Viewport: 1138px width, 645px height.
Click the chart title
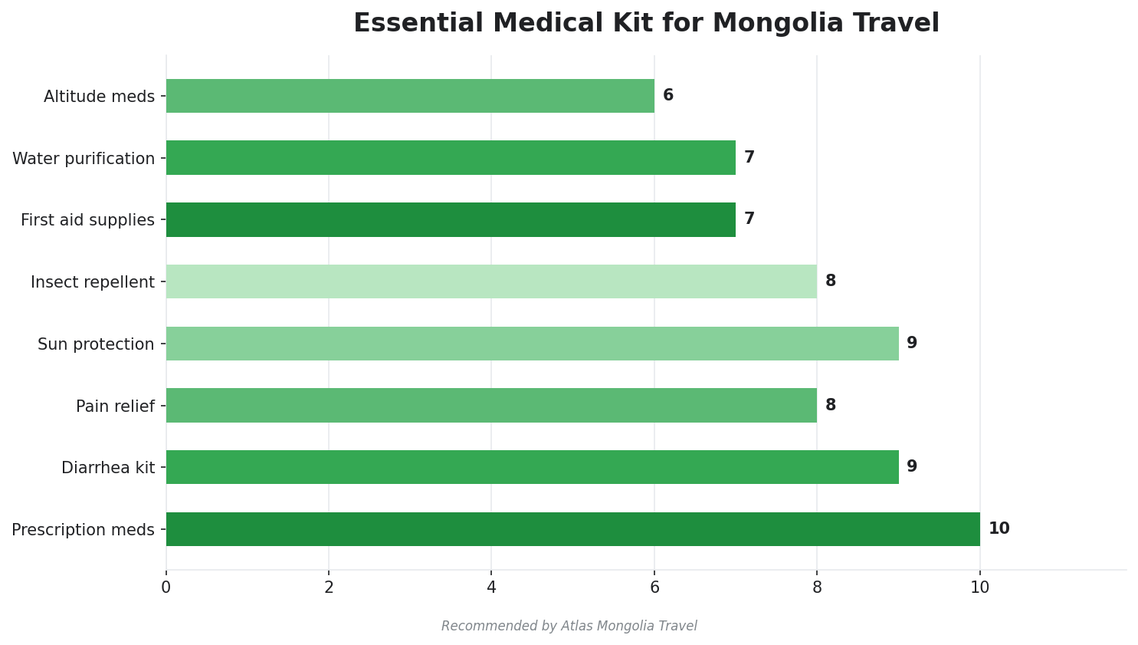pyautogui.click(x=646, y=24)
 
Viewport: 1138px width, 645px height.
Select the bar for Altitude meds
pyautogui.click(x=410, y=96)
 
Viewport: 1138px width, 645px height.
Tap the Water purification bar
pyautogui.click(x=451, y=158)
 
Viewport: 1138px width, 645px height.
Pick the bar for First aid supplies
pyautogui.click(x=451, y=219)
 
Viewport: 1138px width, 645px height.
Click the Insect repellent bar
pyautogui.click(x=491, y=281)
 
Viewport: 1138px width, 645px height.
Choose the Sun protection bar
pyautogui.click(x=532, y=344)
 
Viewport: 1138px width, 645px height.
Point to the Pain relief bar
pyautogui.click(x=491, y=405)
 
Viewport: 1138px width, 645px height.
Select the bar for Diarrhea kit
pyautogui.click(x=532, y=467)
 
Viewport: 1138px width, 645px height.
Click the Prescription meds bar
pyautogui.click(x=572, y=529)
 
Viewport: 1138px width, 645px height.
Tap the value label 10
pyautogui.click(x=999, y=529)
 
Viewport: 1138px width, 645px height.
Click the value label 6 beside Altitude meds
pyautogui.click(x=668, y=96)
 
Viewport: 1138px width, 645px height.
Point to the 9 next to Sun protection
pyautogui.click(x=912, y=344)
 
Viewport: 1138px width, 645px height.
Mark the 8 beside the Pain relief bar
pyautogui.click(x=831, y=405)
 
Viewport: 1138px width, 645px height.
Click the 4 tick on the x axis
pyautogui.click(x=491, y=588)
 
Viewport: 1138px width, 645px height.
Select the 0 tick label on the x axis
pyautogui.click(x=166, y=588)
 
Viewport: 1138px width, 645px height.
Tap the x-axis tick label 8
pyautogui.click(x=817, y=588)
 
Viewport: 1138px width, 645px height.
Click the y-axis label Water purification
pyautogui.click(x=84, y=159)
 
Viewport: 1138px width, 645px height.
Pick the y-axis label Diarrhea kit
pyautogui.click(x=108, y=468)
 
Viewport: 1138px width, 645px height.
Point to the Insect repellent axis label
pyautogui.click(x=93, y=282)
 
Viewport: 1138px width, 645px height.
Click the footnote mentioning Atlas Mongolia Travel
pyautogui.click(x=569, y=627)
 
